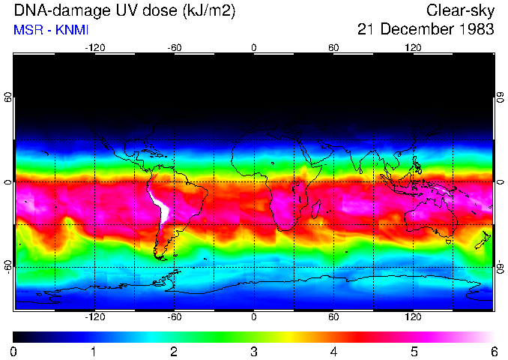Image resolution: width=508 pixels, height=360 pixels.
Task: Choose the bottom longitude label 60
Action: pyautogui.click(x=333, y=316)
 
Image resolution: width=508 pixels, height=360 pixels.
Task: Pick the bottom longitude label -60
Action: pyautogui.click(x=175, y=316)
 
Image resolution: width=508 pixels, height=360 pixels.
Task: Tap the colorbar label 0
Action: pyautogui.click(x=14, y=351)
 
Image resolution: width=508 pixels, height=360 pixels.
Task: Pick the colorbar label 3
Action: pyautogui.click(x=254, y=351)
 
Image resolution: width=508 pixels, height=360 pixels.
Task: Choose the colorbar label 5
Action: pyautogui.click(x=414, y=351)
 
